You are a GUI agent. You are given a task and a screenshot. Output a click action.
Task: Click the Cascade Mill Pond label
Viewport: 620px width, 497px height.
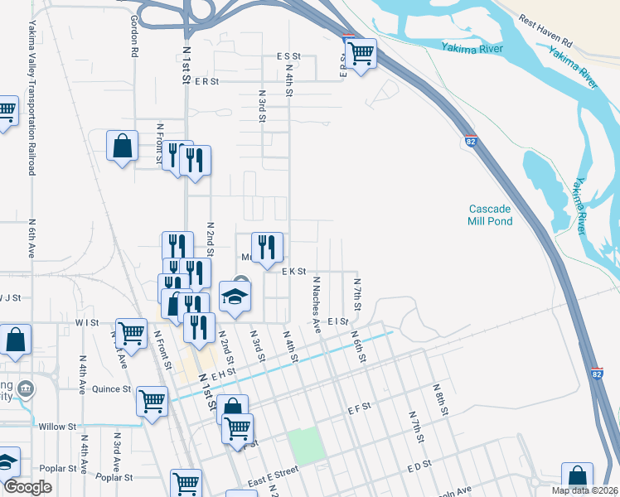tap(490, 215)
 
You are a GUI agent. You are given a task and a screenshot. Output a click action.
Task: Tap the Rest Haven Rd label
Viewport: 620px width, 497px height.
tap(546, 29)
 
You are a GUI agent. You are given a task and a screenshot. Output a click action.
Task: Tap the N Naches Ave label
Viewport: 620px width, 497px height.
tap(316, 304)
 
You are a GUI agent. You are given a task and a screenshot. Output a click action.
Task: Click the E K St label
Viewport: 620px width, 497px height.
tap(294, 271)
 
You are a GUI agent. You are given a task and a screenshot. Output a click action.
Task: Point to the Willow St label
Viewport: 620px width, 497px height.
tap(57, 427)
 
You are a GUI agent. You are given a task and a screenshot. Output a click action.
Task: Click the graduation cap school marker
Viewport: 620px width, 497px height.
tap(235, 297)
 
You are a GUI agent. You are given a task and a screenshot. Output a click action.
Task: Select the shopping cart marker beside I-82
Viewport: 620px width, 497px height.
tap(361, 54)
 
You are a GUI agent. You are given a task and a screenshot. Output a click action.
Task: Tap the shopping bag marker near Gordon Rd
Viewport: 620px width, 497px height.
tap(123, 146)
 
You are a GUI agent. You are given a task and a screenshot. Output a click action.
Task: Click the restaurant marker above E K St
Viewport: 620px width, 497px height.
tap(267, 246)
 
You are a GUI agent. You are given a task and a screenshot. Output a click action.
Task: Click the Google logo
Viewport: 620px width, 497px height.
tap(27, 487)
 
